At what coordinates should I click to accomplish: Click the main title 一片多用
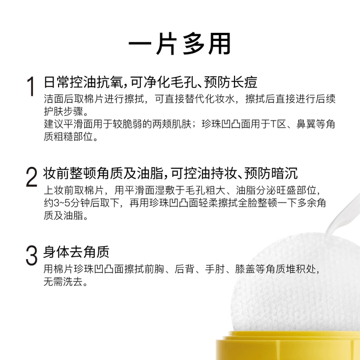(x=180, y=44)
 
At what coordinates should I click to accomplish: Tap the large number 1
(x=31, y=87)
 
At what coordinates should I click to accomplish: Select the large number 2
(x=31, y=177)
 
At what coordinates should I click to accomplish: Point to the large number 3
(x=31, y=255)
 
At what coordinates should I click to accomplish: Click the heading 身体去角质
(x=76, y=252)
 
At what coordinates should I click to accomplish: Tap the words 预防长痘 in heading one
(x=231, y=82)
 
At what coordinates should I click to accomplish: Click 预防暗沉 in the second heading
(x=271, y=173)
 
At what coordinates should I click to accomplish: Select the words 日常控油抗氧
(x=84, y=82)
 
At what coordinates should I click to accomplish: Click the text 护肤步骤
(x=64, y=112)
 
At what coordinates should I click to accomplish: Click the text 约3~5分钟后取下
(x=81, y=203)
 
